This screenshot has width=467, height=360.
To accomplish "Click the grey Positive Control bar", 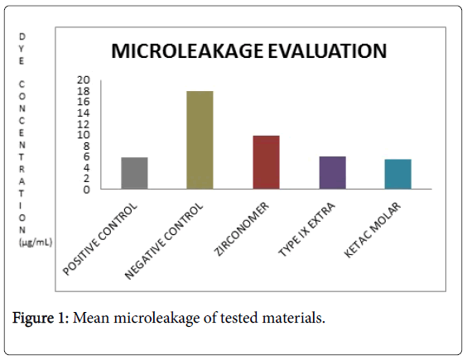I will pos(134,173).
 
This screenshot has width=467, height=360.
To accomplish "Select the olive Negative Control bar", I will pos(200,140).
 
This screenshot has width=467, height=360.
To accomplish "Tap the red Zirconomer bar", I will pos(266,162).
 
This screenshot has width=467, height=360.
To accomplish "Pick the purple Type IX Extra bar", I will pos(332,172).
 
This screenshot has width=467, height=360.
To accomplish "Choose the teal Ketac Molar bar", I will pos(397,174).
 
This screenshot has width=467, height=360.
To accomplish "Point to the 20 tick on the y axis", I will pos(83,79).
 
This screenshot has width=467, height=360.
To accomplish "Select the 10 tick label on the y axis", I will pos(83,135).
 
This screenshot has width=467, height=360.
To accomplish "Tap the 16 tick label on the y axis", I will pos(83,102).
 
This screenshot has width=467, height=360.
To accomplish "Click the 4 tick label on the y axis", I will pos(87,168).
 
